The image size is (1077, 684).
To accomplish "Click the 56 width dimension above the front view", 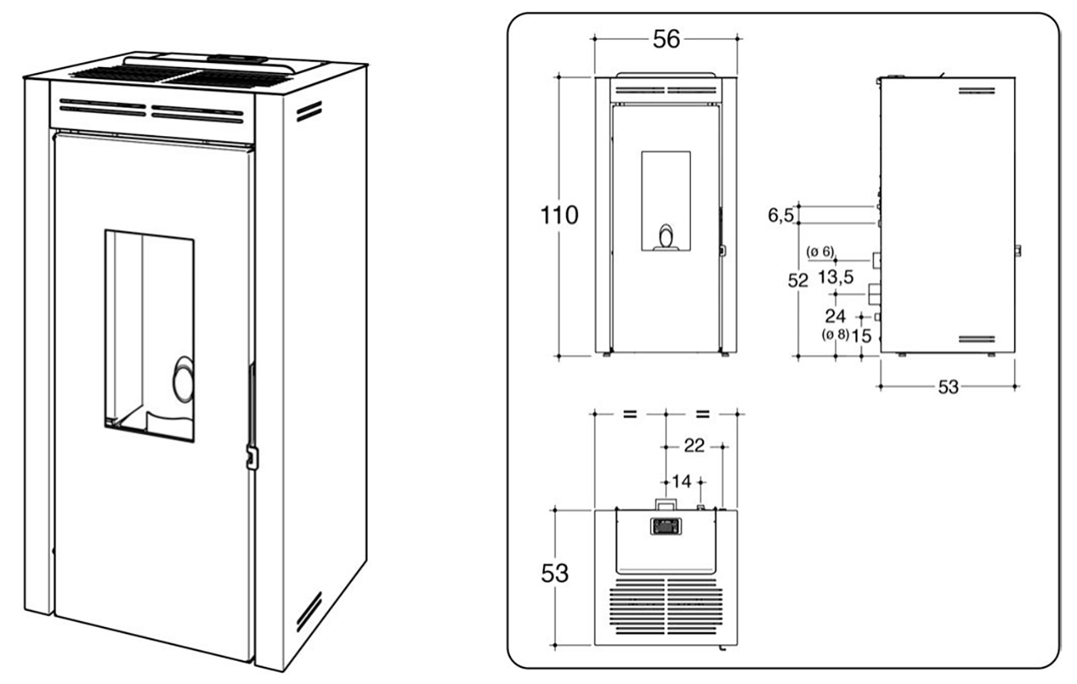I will pyautogui.click(x=666, y=38).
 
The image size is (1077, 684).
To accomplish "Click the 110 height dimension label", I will pyautogui.click(x=559, y=215).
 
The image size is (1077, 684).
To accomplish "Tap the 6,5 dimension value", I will pyautogui.click(x=781, y=216).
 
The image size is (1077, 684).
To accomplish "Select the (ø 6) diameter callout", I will pyautogui.click(x=820, y=252).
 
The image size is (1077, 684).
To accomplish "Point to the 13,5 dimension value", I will pyautogui.click(x=835, y=277).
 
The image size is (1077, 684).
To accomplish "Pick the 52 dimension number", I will pyautogui.click(x=799, y=281).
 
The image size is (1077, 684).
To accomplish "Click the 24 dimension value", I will pyautogui.click(x=835, y=316).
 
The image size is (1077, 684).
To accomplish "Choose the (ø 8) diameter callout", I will pyautogui.click(x=835, y=335).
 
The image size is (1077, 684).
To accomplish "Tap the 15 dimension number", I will pyautogui.click(x=862, y=336).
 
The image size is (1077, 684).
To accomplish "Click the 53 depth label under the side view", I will pyautogui.click(x=949, y=387).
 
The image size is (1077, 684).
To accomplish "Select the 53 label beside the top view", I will pyautogui.click(x=555, y=573).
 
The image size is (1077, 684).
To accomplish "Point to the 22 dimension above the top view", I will pyautogui.click(x=694, y=446).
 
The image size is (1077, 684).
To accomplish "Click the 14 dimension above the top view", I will pyautogui.click(x=682, y=482).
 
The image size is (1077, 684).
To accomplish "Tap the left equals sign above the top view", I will pyautogui.click(x=630, y=414).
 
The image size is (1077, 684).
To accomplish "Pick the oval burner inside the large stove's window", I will pyautogui.click(x=184, y=379).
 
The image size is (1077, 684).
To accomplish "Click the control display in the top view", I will pyautogui.click(x=665, y=526).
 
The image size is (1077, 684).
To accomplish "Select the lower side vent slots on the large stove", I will pyautogui.click(x=309, y=611).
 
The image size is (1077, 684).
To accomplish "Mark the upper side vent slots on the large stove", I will pyautogui.click(x=308, y=112).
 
